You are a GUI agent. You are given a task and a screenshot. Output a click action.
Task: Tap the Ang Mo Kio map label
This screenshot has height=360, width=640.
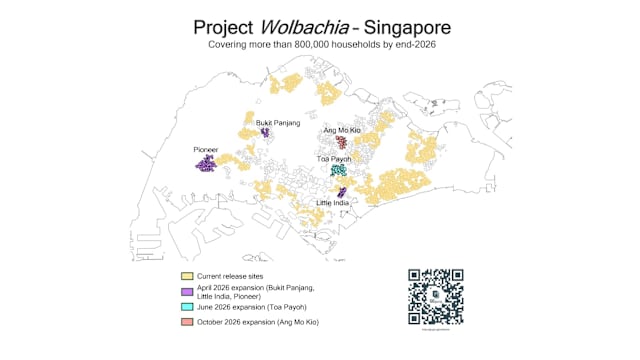[342, 131]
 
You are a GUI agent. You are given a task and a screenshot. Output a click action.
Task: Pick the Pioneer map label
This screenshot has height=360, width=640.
[207, 149]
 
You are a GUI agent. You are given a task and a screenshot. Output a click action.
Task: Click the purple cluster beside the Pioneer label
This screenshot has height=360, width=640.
[205, 162]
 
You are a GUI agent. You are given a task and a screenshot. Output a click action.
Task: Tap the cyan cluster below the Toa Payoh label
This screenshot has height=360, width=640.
[340, 171]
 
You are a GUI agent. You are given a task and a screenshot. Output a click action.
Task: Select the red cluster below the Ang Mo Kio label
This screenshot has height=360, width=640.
[342, 143]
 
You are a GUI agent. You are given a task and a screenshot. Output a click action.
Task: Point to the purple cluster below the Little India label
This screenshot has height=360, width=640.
[343, 191]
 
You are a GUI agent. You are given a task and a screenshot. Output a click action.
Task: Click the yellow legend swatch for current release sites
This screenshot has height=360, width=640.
[186, 275]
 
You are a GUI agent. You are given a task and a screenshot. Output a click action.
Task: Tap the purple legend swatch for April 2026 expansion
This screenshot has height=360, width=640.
[186, 291]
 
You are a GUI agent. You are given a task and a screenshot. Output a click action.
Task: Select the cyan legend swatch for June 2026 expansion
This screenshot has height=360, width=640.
[186, 307]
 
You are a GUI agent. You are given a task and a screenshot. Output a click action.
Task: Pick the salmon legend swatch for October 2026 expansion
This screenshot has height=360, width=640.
[186, 323]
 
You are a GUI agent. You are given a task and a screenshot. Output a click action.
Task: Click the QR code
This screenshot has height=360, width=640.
[435, 295]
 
